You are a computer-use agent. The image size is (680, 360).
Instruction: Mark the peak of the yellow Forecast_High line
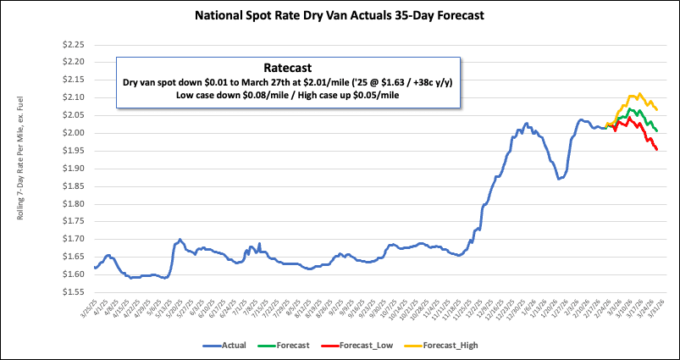coord(639,94)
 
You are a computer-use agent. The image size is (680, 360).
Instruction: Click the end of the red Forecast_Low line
coord(657,150)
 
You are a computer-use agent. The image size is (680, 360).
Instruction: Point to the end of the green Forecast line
coord(657,130)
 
